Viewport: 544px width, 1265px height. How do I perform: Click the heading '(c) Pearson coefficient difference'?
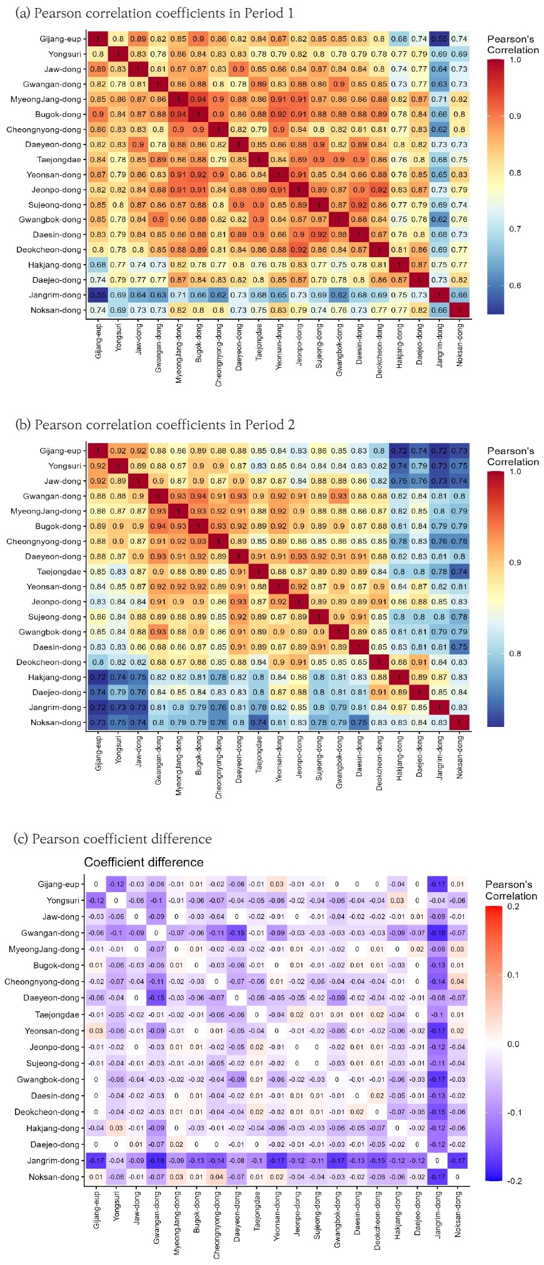tap(113, 839)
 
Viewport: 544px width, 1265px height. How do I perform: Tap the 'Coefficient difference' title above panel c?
tap(144, 862)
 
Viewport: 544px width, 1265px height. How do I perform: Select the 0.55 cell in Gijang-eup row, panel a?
tap(439, 39)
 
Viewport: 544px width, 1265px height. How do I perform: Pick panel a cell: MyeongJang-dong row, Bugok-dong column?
tap(198, 99)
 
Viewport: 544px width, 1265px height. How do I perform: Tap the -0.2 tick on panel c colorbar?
tap(513, 1181)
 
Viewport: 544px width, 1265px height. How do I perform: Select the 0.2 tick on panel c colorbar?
tap(513, 907)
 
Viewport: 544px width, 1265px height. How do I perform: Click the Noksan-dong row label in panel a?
tap(56, 310)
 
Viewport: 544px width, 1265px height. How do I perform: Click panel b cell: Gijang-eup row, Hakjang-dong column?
tap(399, 450)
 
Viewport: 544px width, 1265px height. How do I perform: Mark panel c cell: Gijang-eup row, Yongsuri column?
tap(116, 884)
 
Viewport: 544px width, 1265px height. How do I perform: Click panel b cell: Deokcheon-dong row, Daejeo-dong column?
tap(419, 662)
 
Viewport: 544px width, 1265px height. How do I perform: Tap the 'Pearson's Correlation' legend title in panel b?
tap(511, 456)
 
